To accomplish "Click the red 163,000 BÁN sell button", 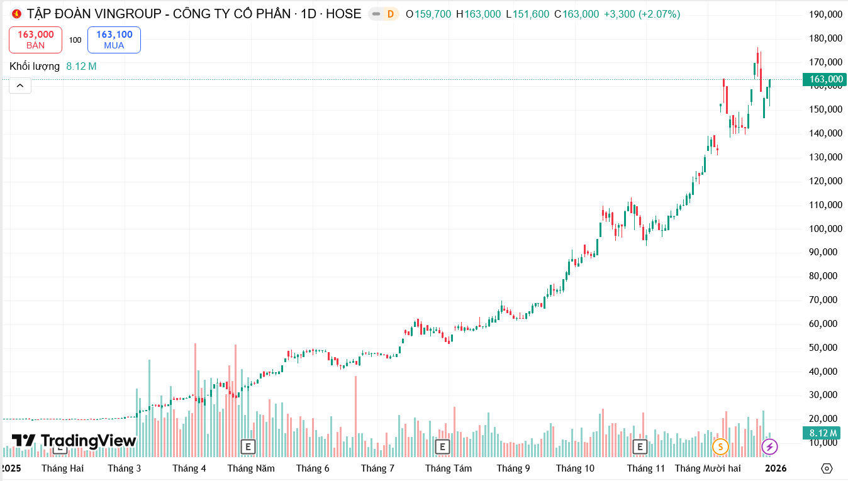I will point(35,40).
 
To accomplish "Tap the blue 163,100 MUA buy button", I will point(114,40).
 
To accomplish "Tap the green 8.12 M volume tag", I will point(823,433).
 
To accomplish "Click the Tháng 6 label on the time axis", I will point(313,468).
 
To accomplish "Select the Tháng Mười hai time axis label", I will point(708,468).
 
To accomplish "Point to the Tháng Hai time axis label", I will point(62,468).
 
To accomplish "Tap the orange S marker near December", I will point(720,447).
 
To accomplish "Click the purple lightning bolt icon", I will point(769,447).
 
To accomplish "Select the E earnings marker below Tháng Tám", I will point(443,447).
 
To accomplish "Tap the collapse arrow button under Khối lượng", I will point(20,86).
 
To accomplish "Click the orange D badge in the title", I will point(390,14).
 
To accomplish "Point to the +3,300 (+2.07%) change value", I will point(642,14).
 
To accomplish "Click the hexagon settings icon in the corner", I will point(827,468).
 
